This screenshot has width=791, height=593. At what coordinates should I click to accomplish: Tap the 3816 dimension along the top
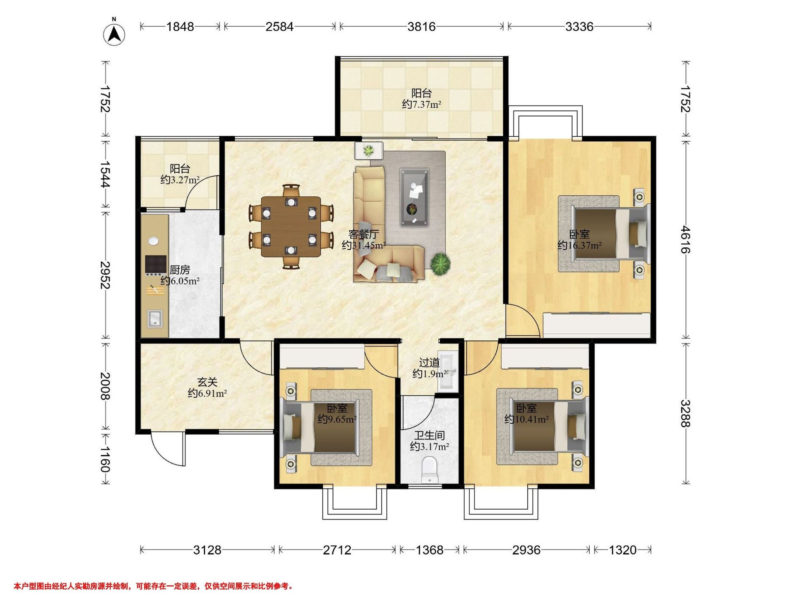pos(422,26)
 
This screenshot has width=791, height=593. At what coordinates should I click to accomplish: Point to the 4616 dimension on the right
pos(685,239)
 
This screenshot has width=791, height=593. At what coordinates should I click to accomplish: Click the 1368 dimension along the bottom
pos(429,550)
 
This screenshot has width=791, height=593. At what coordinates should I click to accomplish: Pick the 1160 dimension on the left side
pos(104,459)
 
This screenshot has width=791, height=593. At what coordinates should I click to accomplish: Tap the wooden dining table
pos(291,226)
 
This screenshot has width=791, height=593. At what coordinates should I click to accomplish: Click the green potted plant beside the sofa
pos(440,264)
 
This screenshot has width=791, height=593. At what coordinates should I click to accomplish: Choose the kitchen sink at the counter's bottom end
pos(155,319)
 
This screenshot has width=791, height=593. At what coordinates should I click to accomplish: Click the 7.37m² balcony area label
pos(421,104)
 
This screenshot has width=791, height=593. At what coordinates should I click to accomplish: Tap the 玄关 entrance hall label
pos(207,382)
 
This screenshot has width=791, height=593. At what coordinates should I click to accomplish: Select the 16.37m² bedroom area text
pos(579,245)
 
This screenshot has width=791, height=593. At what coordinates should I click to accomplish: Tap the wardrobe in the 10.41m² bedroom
pos(545,356)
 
